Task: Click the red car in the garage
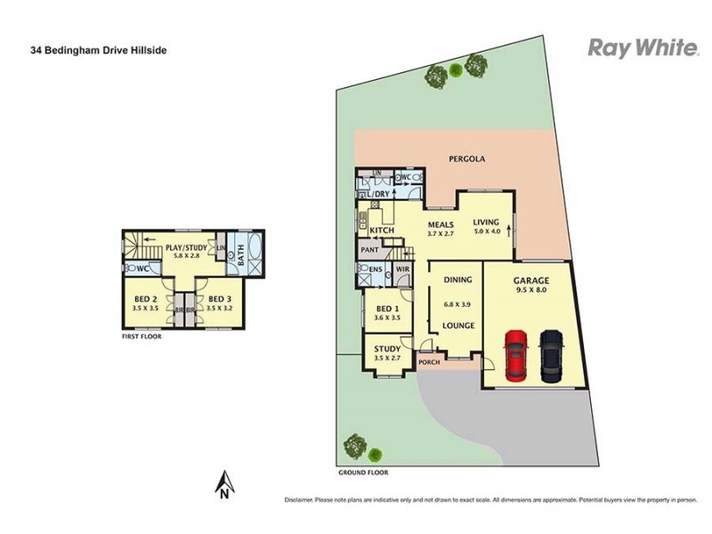click(x=517, y=355)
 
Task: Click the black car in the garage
click(x=552, y=355)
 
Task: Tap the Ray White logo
click(x=643, y=48)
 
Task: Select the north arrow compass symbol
click(x=225, y=484)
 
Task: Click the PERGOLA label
click(x=466, y=159)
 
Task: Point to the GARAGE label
click(x=531, y=280)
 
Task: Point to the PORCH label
click(x=430, y=363)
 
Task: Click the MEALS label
click(x=441, y=224)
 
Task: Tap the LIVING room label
click(x=486, y=222)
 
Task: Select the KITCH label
click(x=382, y=231)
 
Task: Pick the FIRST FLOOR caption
click(x=143, y=337)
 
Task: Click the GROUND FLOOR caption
click(x=363, y=472)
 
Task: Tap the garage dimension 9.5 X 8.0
click(x=531, y=291)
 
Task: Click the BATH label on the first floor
click(x=240, y=257)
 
